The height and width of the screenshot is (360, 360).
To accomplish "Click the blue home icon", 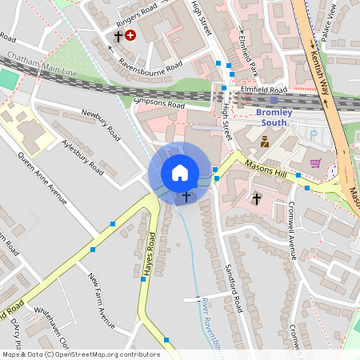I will pos(179,173).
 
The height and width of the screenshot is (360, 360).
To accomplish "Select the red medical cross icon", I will pos(130,36).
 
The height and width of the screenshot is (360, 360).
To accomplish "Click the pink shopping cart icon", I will pos(315,163).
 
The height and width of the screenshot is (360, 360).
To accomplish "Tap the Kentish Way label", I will pos(318,72).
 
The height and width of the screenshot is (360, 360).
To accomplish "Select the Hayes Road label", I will pos(149,255).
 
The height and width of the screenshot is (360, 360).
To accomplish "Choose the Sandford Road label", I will pos(234,288).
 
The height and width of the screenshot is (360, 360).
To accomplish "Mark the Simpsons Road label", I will pos(161,105).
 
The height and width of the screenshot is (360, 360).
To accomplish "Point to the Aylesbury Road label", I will pos(82,156).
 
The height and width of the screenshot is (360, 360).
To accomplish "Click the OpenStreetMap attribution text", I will pos(80,354).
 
